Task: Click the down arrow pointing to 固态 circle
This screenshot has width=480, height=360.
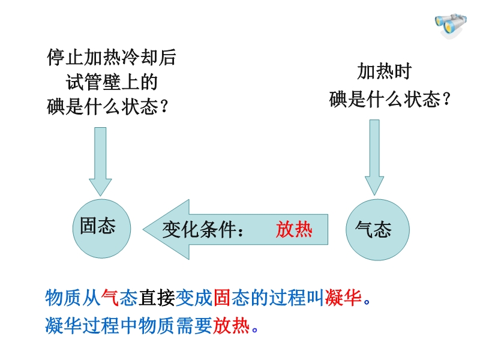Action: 100,158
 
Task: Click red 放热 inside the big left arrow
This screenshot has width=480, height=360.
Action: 294,230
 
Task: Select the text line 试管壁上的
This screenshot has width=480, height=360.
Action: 112,82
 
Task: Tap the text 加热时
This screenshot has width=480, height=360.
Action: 384,72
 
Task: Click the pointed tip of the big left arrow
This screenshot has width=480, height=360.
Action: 145,230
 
